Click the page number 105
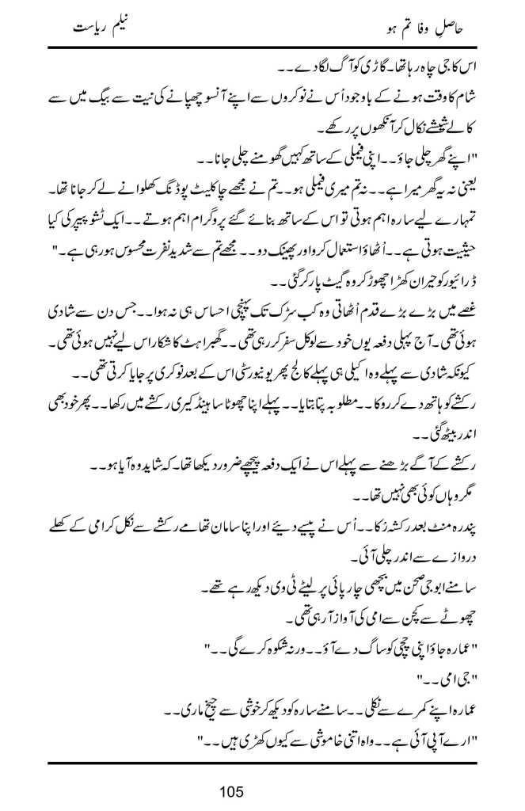point(262,790)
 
